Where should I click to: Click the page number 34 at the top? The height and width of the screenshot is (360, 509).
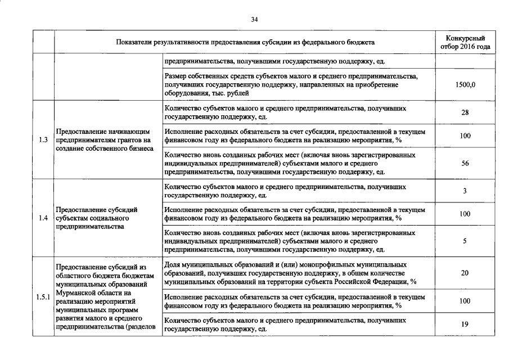click(254, 20)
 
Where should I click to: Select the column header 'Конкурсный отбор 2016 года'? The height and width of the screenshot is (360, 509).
click(465, 42)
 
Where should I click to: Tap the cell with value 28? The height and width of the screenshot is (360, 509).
click(465, 112)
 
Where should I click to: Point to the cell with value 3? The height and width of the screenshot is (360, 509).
click(465, 191)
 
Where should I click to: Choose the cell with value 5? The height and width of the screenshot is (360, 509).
click(465, 241)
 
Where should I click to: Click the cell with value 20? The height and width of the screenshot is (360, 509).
click(465, 273)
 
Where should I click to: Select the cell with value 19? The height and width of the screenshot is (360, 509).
click(465, 324)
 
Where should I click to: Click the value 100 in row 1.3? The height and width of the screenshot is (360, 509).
click(465, 136)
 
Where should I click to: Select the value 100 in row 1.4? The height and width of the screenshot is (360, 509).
click(465, 214)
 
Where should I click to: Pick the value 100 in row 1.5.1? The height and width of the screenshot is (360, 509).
click(465, 301)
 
